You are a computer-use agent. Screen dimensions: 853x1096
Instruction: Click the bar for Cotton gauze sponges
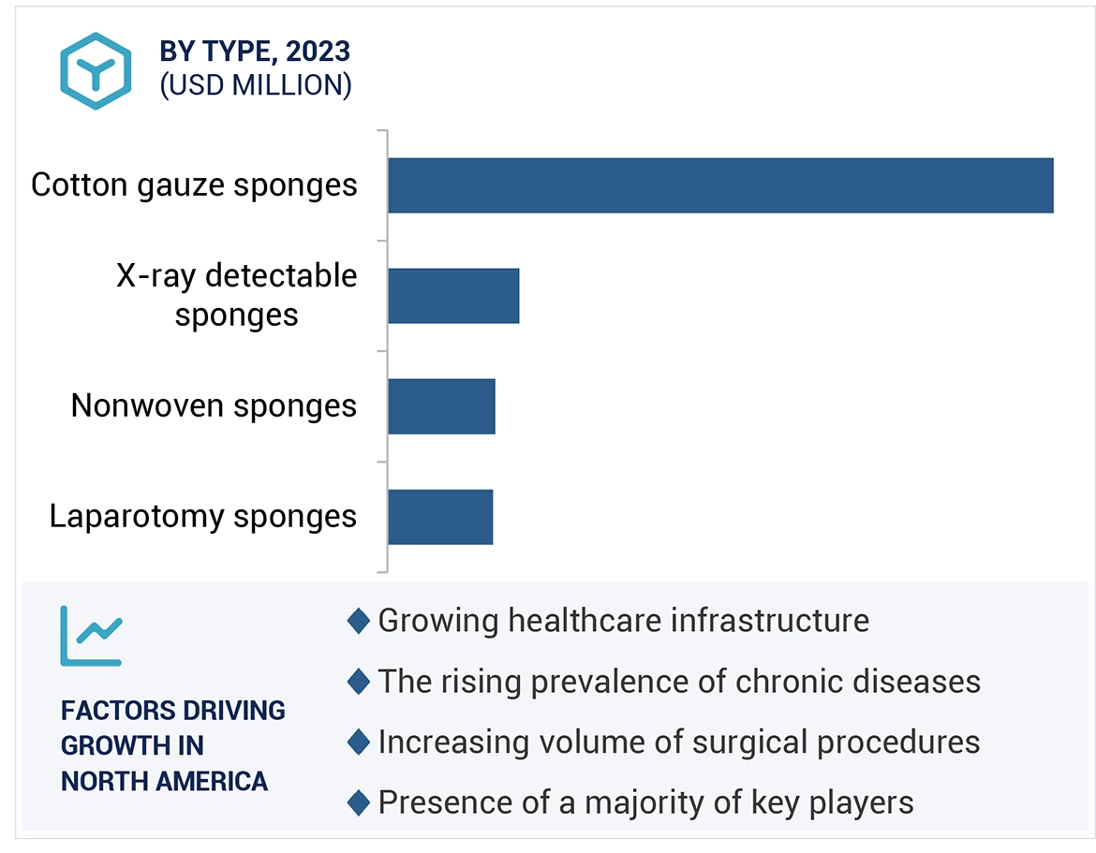719,185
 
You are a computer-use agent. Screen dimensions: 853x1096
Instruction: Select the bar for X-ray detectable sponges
453,296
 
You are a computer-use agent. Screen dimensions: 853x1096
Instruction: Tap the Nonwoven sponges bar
441,406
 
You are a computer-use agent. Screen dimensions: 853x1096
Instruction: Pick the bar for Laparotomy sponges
440,517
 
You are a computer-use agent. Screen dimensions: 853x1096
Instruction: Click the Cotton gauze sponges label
194,185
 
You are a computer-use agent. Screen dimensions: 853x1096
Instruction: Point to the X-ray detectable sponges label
236,295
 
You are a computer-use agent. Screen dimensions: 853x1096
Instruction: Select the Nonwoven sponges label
214,406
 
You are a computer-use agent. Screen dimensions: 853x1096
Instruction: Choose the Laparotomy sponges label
203,517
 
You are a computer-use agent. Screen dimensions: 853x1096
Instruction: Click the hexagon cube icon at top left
96,70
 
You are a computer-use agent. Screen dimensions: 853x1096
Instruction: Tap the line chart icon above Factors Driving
91,636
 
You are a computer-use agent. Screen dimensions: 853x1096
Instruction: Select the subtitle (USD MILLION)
256,85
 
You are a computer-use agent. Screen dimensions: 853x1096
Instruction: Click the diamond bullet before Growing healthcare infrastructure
358,621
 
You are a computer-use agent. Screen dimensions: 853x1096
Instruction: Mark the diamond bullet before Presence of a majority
358,802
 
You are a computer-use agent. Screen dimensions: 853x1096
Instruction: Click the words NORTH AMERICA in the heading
164,781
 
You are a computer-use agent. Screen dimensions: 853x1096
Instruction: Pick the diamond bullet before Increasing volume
358,743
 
